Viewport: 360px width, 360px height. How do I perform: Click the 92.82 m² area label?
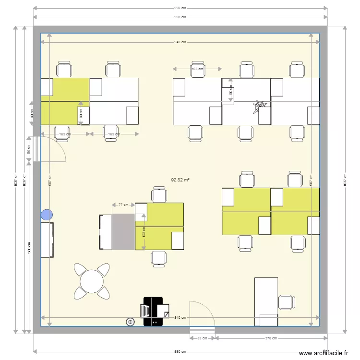click(180, 180)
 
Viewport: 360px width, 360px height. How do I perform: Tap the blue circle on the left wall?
click(47, 215)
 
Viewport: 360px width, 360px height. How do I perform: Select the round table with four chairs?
click(91, 281)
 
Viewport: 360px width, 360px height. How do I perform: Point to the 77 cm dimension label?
click(123, 205)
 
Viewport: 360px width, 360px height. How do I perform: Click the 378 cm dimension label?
click(271, 338)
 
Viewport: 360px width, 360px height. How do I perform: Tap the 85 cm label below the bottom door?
click(202, 338)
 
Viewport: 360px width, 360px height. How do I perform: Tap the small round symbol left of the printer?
click(130, 322)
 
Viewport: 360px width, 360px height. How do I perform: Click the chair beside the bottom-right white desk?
click(287, 302)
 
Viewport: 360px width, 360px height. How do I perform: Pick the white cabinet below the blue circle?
click(47, 240)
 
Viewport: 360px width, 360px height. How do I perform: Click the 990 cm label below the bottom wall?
click(180, 352)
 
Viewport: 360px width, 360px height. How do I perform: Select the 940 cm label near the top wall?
click(180, 42)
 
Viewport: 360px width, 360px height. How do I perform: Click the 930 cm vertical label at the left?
click(29, 247)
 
